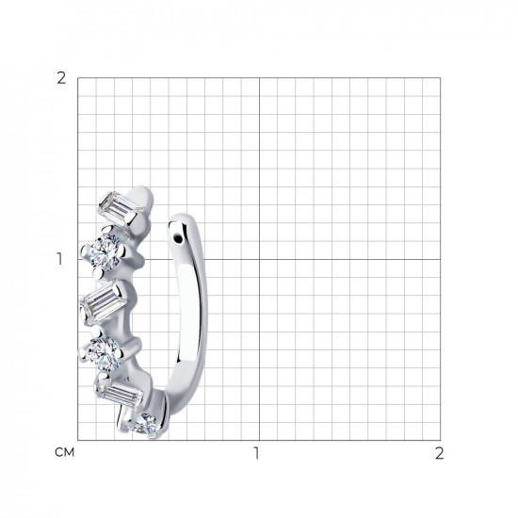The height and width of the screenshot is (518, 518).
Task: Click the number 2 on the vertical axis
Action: click(x=61, y=78)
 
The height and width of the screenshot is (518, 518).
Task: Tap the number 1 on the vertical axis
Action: click(x=59, y=259)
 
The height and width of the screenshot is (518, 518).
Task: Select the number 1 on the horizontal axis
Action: click(x=256, y=453)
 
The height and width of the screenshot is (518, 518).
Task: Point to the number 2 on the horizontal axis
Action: click(x=439, y=453)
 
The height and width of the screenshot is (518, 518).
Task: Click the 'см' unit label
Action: click(x=64, y=452)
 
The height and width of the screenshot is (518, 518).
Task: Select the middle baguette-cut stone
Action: click(x=104, y=302)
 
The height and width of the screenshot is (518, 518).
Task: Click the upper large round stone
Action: click(x=105, y=251)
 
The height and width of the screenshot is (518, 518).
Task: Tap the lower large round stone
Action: click(x=105, y=354)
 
